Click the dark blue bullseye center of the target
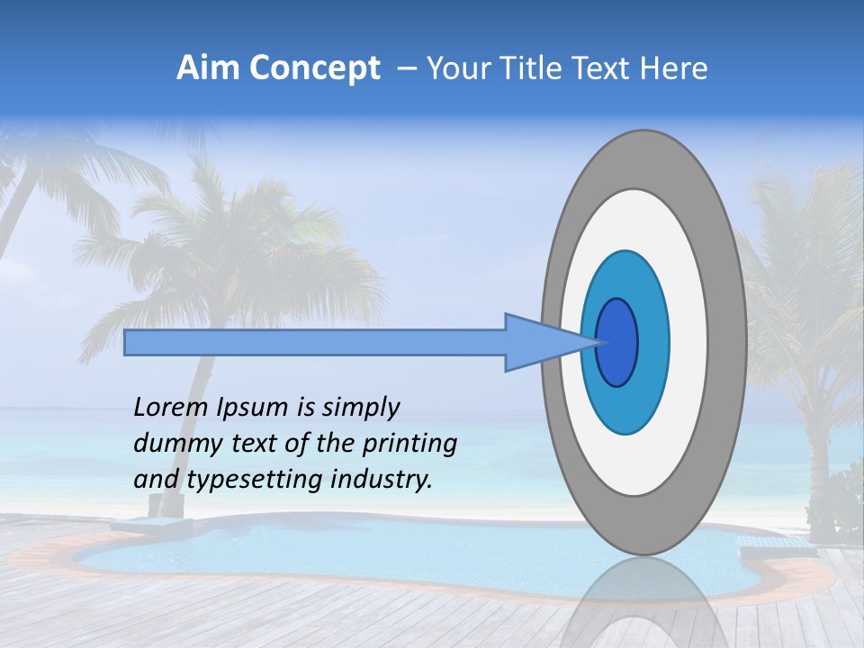pos(617,343)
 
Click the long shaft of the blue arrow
pos(315,343)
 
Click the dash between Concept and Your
pos(406,69)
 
